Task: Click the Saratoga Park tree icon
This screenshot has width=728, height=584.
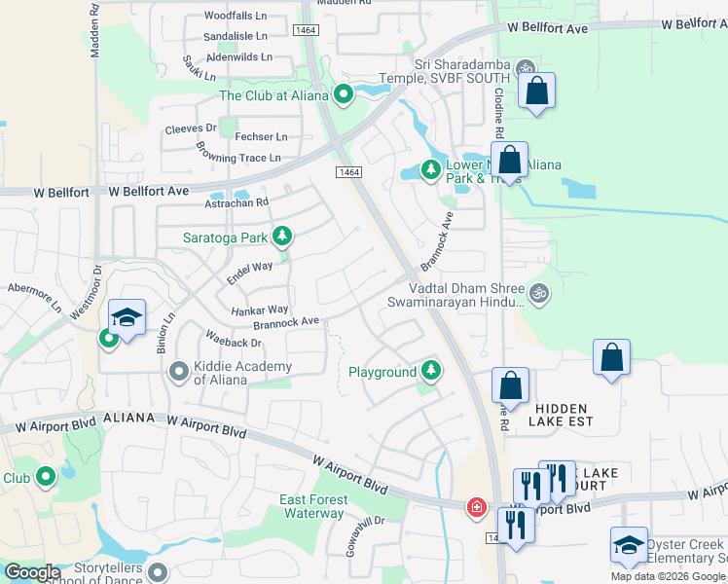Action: [x=282, y=236]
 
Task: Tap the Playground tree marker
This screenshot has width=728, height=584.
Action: [x=430, y=371]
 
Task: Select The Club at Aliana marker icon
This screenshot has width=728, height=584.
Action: [x=343, y=94]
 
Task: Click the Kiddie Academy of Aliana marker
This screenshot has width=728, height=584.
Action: [x=178, y=372]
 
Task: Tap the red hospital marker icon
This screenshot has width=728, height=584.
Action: [x=476, y=507]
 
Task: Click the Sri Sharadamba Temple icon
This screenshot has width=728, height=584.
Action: [x=526, y=68]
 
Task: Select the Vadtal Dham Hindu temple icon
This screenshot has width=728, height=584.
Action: [x=537, y=291]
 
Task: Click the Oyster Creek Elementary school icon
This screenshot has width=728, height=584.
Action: [x=629, y=546]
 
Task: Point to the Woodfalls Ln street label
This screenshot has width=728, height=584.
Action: [x=236, y=17]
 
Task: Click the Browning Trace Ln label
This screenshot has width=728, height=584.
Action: [x=238, y=156]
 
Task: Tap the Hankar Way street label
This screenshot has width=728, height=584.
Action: [x=260, y=309]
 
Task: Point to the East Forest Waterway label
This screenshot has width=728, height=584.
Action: [x=312, y=506]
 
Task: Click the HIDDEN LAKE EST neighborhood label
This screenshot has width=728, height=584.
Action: [x=561, y=416]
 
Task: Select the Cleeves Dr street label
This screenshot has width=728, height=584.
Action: [x=191, y=128]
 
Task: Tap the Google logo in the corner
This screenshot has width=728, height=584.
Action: [x=32, y=572]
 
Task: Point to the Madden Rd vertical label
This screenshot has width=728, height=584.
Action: [x=95, y=29]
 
